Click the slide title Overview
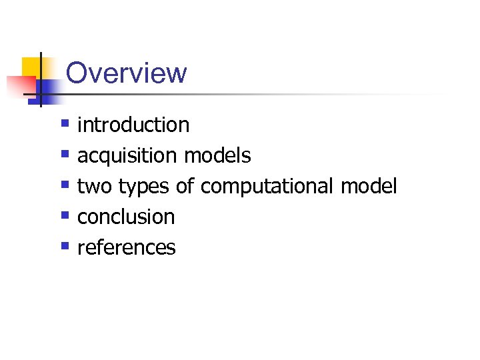pyautogui.click(x=127, y=73)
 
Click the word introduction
pyautogui.click(x=133, y=125)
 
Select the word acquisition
pyautogui.click(x=127, y=156)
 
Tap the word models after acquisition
pyautogui.click(x=217, y=156)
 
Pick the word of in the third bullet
pyautogui.click(x=185, y=187)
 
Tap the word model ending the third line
pyautogui.click(x=369, y=187)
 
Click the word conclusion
pyautogui.click(x=126, y=217)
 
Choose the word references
pyautogui.click(x=127, y=248)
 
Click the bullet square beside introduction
pyautogui.click(x=65, y=123)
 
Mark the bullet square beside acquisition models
pyautogui.click(x=65, y=154)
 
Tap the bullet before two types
pyautogui.click(x=65, y=185)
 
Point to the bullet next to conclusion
pyautogui.click(x=65, y=215)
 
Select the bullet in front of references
pyautogui.click(x=65, y=246)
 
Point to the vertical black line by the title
pyautogui.click(x=40, y=80)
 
